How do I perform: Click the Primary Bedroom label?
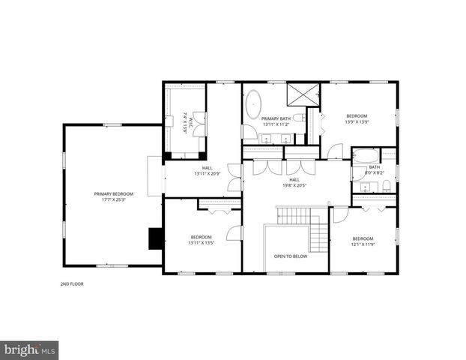[x=114, y=193]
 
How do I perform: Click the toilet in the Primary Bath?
[x=298, y=118]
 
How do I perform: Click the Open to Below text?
[x=291, y=256]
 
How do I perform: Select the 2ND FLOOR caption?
[x=71, y=285]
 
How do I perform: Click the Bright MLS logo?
[x=29, y=349]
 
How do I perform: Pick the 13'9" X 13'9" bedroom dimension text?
[x=357, y=121]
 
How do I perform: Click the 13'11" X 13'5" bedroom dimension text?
[x=202, y=242]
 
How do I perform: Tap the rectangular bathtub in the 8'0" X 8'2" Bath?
[x=366, y=157]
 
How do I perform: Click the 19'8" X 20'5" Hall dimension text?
[x=294, y=185]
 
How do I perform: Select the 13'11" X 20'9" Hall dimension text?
[x=207, y=174]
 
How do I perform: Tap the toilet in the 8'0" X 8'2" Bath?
[x=385, y=186]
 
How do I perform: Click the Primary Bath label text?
[x=276, y=118]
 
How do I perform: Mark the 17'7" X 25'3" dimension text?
[x=114, y=199]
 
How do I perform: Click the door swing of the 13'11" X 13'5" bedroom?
[x=234, y=232]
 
